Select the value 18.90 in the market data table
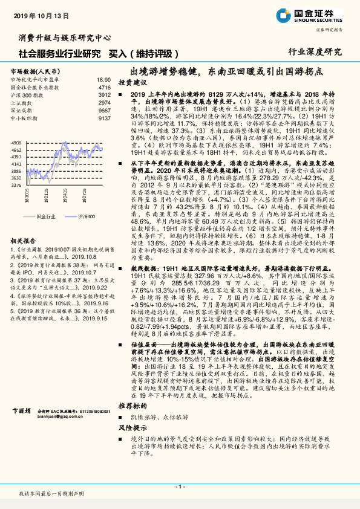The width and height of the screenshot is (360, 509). [103, 80]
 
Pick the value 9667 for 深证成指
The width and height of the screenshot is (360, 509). [104, 111]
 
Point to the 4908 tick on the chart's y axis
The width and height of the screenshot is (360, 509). [16, 142]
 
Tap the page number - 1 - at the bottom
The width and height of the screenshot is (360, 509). [180, 487]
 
